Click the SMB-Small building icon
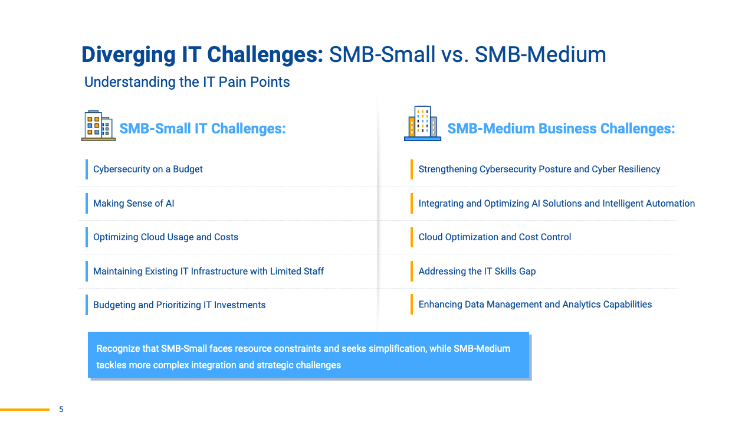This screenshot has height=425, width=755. click(99, 126)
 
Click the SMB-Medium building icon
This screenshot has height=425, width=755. click(423, 123)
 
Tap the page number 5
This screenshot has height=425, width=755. click(61, 409)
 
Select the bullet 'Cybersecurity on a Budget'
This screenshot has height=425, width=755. click(147, 169)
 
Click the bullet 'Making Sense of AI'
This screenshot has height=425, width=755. click(133, 204)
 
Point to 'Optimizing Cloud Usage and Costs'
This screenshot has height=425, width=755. click(166, 237)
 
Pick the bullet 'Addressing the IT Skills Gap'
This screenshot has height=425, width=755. click(477, 271)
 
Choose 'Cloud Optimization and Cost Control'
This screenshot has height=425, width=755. click(494, 237)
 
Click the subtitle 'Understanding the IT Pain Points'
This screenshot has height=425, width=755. click(187, 82)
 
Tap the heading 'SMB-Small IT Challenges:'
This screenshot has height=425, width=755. click(202, 129)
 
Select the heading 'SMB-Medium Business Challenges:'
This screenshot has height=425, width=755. click(561, 129)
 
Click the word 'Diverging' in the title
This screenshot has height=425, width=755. click(129, 55)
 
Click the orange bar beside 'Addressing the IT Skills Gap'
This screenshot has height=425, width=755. click(412, 271)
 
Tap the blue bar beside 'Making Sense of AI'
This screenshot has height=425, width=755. click(87, 204)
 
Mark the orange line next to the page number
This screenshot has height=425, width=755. click(25, 410)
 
